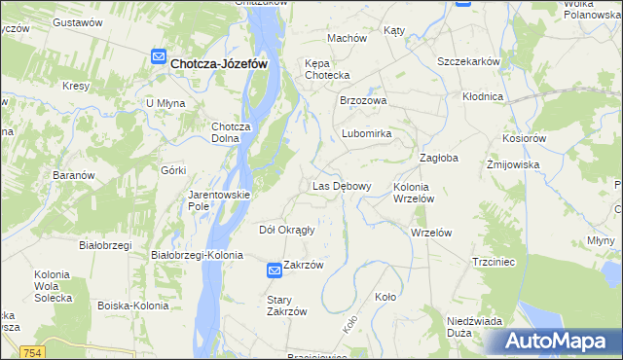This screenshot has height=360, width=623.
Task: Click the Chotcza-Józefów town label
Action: (219, 63)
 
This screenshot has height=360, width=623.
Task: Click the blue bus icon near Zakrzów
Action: (275, 273)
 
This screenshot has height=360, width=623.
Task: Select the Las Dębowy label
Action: (341, 186)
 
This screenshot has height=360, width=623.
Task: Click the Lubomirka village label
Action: (366, 133)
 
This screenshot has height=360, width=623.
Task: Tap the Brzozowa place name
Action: (363, 100)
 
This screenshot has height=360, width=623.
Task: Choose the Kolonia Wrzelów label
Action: (420, 192)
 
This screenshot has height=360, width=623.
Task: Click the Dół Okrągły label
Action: (286, 231)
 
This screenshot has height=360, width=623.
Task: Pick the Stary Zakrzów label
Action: (287, 306)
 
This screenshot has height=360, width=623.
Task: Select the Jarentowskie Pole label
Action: (219, 200)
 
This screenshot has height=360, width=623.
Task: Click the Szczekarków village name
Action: (468, 61)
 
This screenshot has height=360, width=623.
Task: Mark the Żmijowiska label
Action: (513, 165)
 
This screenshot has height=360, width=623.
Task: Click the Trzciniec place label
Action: (492, 262)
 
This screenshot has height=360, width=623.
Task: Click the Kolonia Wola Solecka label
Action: (53, 286)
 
